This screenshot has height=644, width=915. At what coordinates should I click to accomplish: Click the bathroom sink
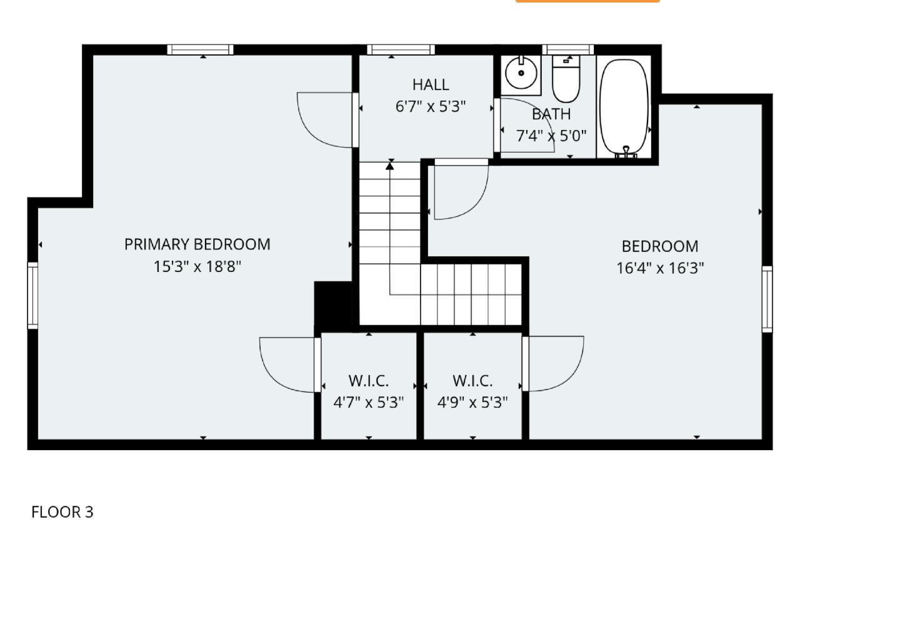point(521,74)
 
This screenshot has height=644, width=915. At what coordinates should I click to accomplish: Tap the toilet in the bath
point(566,79)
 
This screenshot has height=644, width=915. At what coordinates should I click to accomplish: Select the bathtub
point(624,107)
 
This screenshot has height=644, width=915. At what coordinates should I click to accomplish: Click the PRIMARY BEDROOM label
point(197,244)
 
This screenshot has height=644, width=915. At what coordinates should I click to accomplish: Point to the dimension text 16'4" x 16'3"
point(660,268)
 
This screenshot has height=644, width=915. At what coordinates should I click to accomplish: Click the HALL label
point(431,84)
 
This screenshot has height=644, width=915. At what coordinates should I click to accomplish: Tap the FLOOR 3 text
point(62,512)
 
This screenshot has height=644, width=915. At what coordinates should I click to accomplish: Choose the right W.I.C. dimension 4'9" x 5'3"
point(472,402)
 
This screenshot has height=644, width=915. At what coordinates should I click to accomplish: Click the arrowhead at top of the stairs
point(390,165)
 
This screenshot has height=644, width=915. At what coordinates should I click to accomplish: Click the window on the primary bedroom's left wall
point(32,295)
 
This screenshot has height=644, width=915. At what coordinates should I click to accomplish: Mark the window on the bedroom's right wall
point(767,299)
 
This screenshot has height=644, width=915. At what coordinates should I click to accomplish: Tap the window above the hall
point(401,50)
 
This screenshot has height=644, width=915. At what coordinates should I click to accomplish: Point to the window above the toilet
point(567,50)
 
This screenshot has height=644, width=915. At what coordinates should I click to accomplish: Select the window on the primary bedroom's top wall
point(200,50)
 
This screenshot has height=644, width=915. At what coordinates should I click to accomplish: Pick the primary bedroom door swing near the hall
point(322,122)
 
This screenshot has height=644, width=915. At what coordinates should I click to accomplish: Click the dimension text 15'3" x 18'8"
point(197,267)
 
